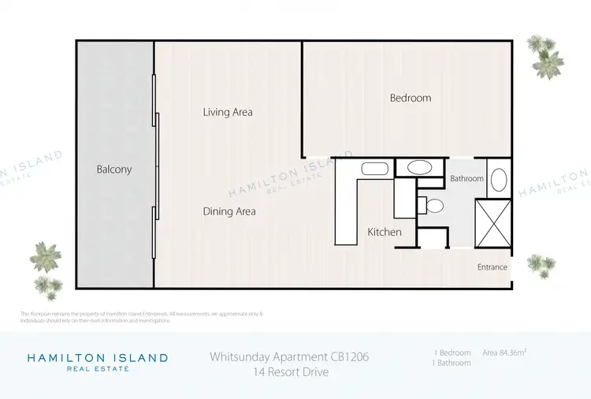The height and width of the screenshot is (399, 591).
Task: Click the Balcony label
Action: tap(114, 170)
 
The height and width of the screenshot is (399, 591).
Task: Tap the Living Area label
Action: tap(228, 112)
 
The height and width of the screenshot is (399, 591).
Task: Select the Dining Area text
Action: tap(229, 211)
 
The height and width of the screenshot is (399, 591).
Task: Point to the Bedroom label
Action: tap(411, 98)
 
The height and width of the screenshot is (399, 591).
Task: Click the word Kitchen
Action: tap(385, 232)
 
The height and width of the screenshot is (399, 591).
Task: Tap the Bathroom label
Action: tap(466, 179)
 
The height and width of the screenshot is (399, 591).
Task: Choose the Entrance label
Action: tap(492, 267)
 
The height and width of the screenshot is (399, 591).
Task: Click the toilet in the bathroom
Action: tap(433, 207)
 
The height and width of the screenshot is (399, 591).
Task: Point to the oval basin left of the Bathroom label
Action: tap(419, 167)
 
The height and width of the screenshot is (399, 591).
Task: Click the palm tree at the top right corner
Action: tap(546, 54)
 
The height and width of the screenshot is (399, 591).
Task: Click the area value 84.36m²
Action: tap(504, 352)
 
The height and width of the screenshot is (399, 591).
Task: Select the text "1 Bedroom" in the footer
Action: tap(452, 352)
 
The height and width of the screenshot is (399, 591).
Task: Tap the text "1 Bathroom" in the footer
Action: tap(452, 364)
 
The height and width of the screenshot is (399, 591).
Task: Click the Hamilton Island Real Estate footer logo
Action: tap(98, 362)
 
